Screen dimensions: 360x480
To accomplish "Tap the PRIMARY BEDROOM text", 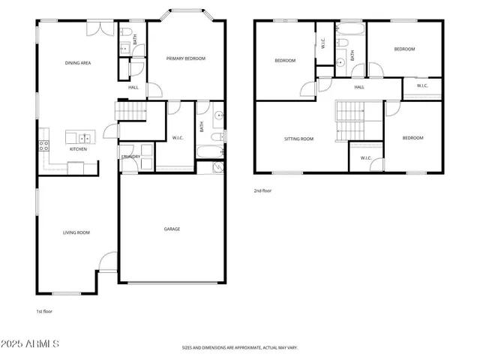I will (185, 58).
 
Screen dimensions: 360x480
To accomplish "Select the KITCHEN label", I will (78, 149).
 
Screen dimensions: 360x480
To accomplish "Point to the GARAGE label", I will (172, 229).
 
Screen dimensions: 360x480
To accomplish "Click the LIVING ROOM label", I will (76, 232).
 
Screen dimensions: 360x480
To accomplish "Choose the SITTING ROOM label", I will (298, 139).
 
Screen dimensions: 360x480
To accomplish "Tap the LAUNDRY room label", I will (130, 157).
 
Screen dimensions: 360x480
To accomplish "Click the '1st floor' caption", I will (44, 310).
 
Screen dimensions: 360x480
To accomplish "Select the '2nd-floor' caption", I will (262, 190).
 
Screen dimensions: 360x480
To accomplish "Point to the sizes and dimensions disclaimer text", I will (240, 348).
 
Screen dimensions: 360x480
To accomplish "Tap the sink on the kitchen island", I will (84, 137).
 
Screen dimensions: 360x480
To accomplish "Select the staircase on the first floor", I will (130, 111).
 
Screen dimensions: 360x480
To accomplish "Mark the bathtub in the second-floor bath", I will (350, 31).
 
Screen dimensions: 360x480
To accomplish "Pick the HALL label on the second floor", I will (359, 87).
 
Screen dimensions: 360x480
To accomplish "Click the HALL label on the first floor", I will (133, 87).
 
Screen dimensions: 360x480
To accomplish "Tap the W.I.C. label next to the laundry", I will (178, 137).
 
